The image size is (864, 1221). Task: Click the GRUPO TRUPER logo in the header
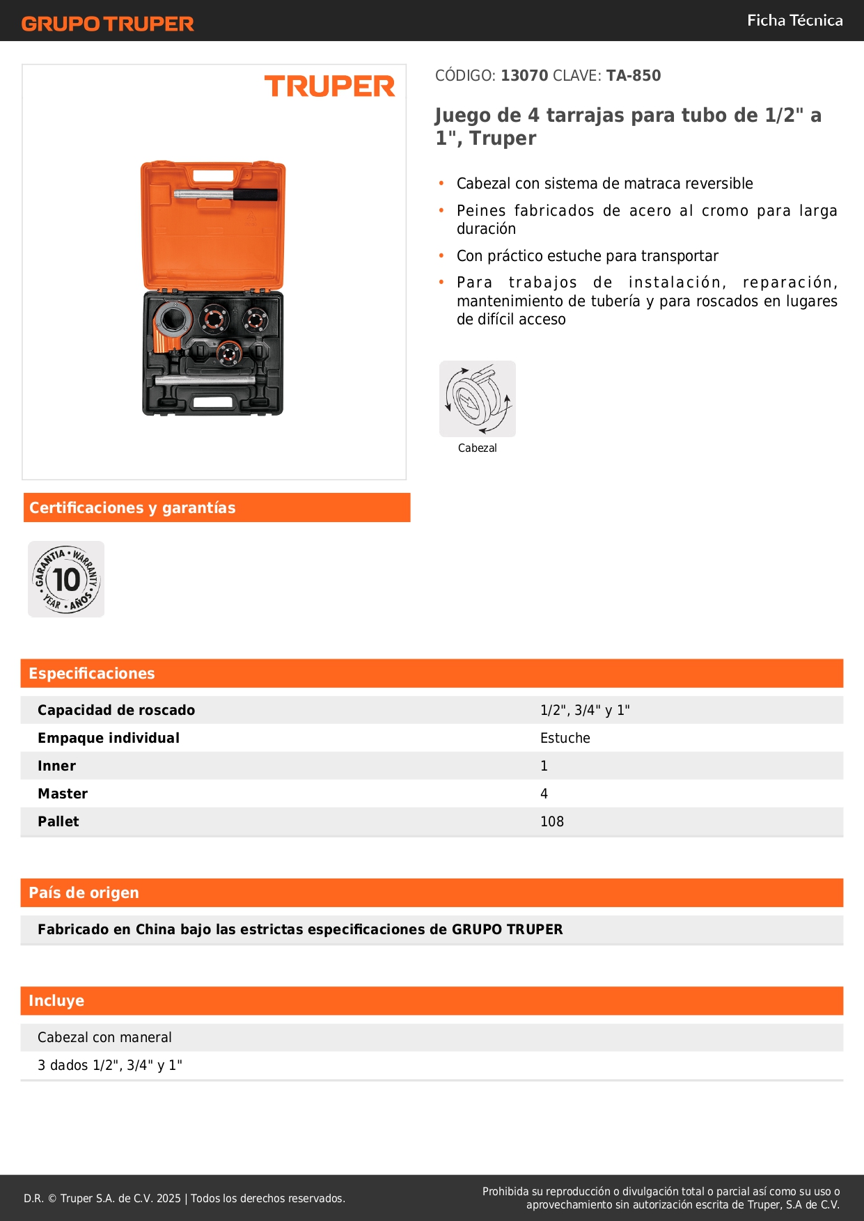[107, 24]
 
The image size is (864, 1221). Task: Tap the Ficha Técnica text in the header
[794, 21]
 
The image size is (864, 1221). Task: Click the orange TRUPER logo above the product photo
[329, 86]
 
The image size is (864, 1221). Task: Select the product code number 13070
[524, 76]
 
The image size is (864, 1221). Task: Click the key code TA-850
[633, 76]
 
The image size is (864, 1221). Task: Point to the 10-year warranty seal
[66, 579]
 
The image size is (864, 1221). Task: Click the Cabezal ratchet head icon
[478, 399]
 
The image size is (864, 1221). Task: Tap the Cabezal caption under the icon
[477, 448]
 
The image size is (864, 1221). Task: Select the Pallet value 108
[552, 821]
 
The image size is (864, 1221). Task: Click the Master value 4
[544, 794]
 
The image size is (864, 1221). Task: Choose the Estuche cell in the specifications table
[565, 738]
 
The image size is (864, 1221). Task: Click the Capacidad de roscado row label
[116, 710]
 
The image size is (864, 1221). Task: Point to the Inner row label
[56, 766]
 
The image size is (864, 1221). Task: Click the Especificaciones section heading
[92, 673]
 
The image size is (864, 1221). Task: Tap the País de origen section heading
[84, 892]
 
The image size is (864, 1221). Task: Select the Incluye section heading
[56, 1000]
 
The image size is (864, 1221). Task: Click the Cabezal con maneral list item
[104, 1037]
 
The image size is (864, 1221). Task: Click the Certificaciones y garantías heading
[132, 507]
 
